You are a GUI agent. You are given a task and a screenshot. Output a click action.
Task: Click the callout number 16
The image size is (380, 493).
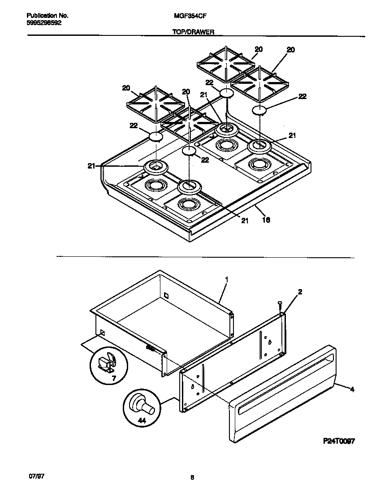point(266,220)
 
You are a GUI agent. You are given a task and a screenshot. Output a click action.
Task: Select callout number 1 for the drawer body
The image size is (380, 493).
point(227,279)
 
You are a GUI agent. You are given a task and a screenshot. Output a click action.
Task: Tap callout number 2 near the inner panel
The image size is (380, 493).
point(300,292)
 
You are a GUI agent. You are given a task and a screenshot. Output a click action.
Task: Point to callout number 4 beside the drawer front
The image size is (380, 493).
point(352,390)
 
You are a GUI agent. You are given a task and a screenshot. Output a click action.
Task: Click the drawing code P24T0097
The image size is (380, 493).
point(339,441)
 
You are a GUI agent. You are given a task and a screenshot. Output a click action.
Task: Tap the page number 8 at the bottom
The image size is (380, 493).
point(192,478)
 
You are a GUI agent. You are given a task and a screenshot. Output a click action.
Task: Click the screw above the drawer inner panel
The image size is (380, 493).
point(280,304)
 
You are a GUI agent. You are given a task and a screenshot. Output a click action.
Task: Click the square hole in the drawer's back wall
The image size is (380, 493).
point(166,296)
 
